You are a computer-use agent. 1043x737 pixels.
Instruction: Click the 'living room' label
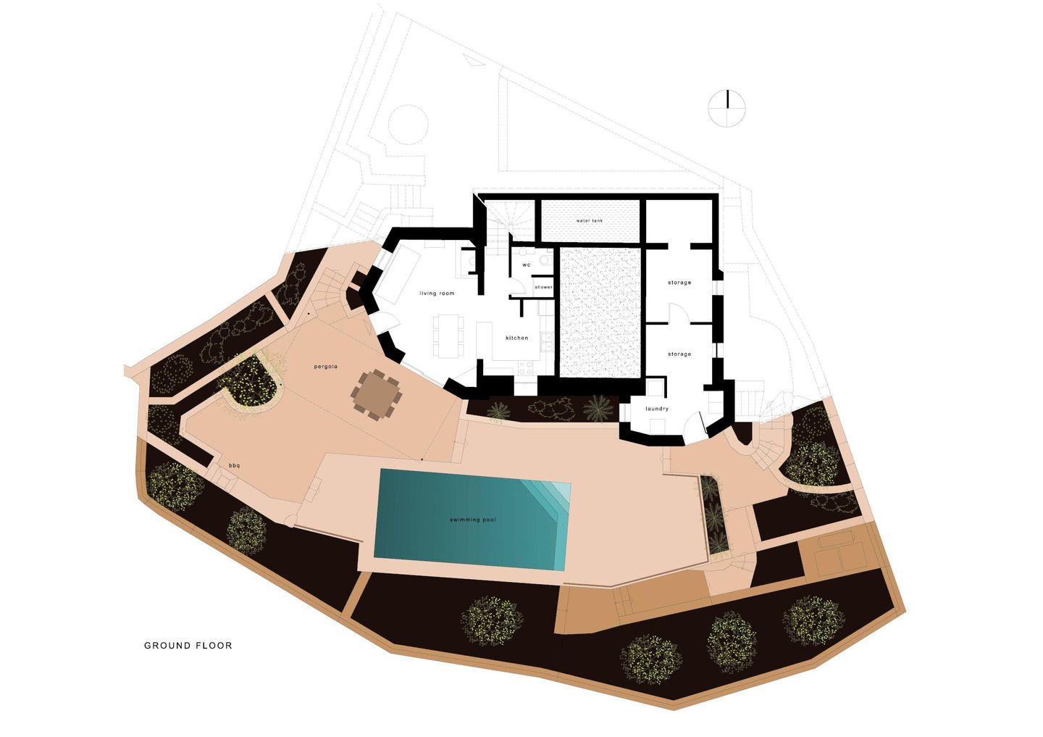pos(437,293)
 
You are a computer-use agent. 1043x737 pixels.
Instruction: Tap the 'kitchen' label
pos(517,338)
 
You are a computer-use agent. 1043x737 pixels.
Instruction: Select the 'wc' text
pos(526,265)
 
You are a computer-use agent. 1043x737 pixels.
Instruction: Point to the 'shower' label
pos(543,287)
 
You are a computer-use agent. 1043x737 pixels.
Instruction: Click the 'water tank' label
pos(590,221)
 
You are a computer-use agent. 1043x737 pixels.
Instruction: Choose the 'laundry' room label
pos(657,409)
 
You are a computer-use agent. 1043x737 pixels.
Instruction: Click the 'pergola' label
pos(325,367)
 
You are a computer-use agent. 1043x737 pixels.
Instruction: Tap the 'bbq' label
pos(234,465)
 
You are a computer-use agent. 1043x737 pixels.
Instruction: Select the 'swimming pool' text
pos(472,520)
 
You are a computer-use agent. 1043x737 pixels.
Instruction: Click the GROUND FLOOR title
pos(188,646)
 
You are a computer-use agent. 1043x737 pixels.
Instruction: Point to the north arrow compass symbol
pos(727,108)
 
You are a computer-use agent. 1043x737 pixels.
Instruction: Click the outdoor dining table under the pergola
pos(376,394)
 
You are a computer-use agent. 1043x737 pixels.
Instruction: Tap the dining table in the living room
pos(448,336)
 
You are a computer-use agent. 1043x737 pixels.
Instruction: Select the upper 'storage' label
pos(679,283)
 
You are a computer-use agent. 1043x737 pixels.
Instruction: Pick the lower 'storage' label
pos(679,354)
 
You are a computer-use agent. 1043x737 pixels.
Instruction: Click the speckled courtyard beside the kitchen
pos(600,312)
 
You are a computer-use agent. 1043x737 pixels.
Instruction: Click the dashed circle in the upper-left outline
pos(408,125)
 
